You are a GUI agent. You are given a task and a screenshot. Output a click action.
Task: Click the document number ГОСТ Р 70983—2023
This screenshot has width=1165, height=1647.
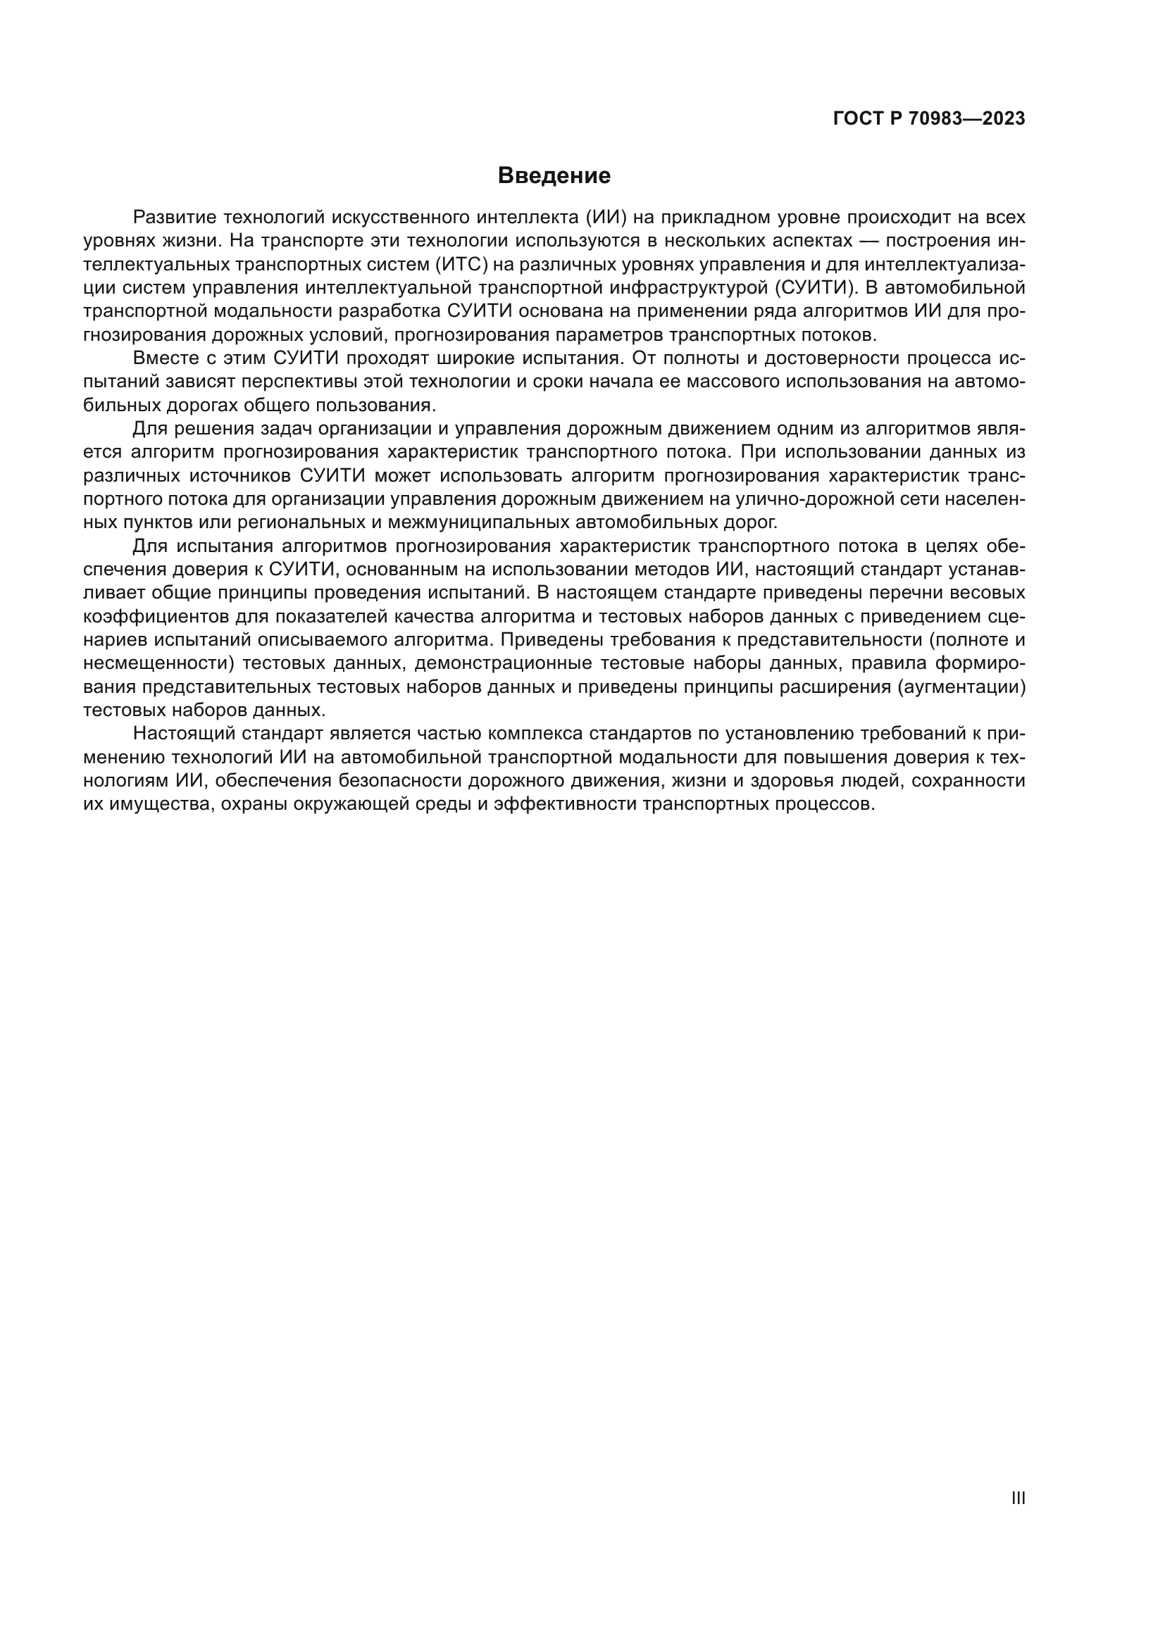[x=928, y=118]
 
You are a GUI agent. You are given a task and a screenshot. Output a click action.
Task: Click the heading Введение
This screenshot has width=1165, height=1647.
[x=554, y=176]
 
